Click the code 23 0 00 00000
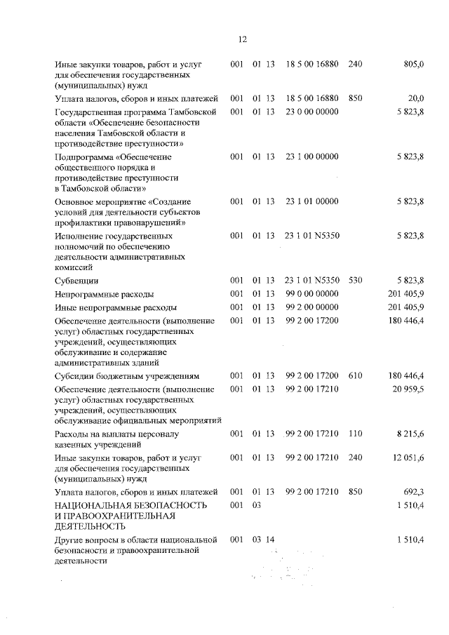coord(312,112)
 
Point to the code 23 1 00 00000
coord(312,156)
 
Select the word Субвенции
coord(77,281)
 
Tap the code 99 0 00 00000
coord(312,294)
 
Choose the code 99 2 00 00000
coord(312,307)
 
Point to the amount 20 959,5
coord(405,389)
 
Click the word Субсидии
coord(75,375)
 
